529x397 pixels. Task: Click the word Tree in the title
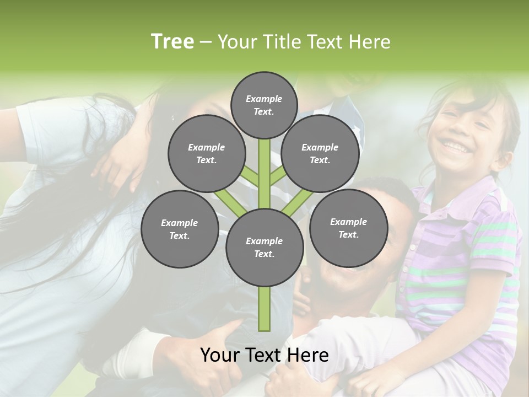coord(172,42)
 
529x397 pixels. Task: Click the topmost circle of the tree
coord(264,105)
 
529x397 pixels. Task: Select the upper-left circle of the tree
coord(207,153)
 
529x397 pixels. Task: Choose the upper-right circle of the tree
coord(320,153)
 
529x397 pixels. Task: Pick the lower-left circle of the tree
coord(180,229)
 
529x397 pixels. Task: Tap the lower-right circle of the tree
coord(348,228)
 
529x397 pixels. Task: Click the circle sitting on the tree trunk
coord(264,247)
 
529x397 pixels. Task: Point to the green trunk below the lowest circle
coord(264,309)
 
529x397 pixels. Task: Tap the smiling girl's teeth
coord(456,147)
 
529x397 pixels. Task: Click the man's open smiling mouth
coord(353,270)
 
